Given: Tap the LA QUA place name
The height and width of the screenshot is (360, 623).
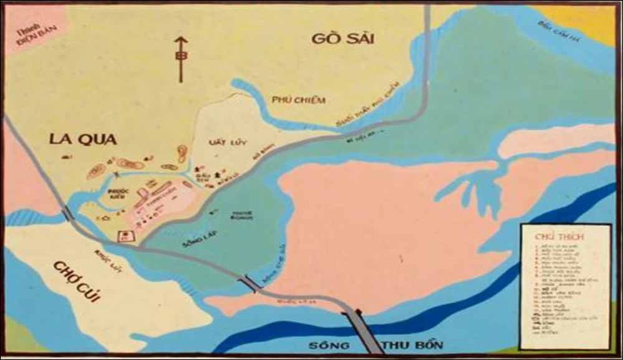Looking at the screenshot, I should (x=83, y=139).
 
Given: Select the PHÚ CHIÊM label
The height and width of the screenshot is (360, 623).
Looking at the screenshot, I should (x=298, y=100).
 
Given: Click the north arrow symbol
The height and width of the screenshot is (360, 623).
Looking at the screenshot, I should (x=181, y=59).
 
